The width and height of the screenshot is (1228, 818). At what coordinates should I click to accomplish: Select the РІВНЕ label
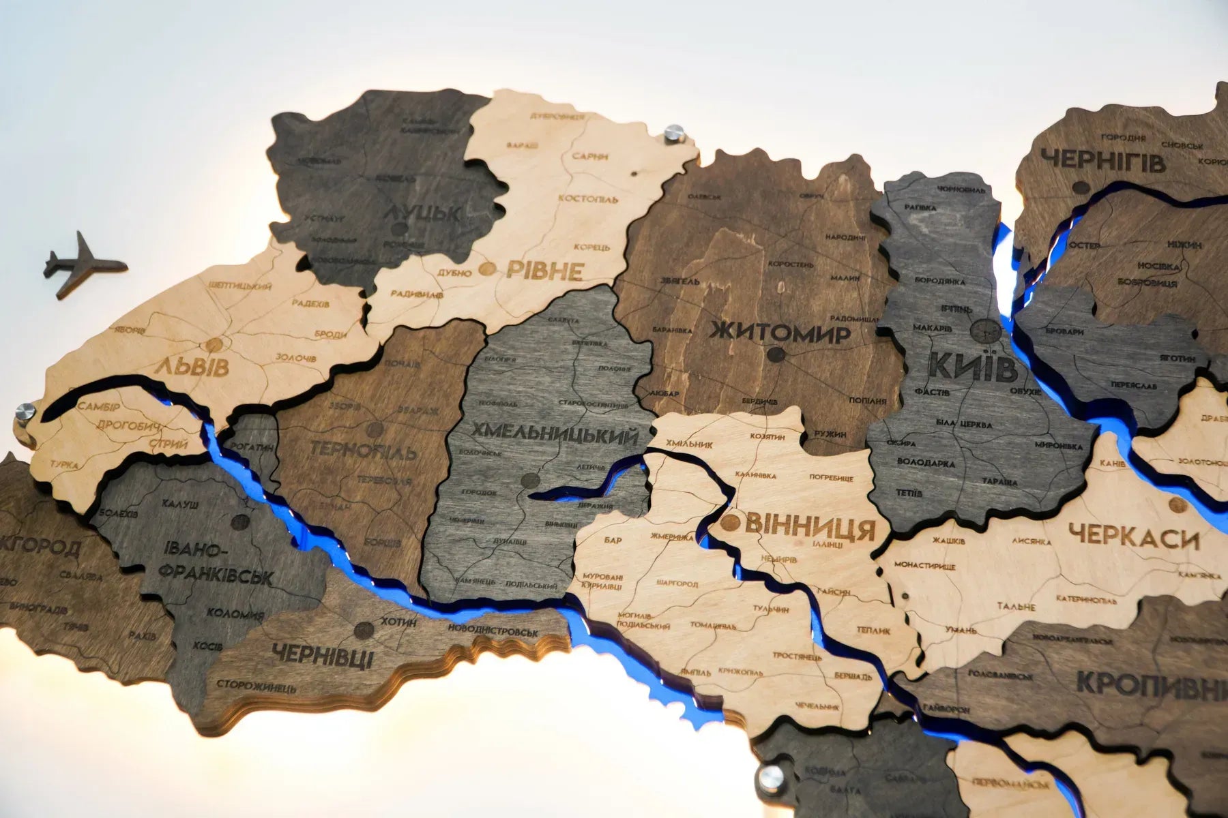544,271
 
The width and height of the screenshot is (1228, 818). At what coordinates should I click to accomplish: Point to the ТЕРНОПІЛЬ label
362,451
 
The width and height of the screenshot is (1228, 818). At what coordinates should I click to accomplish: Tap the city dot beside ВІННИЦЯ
729,523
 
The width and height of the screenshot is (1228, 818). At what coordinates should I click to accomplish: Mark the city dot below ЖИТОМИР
774,354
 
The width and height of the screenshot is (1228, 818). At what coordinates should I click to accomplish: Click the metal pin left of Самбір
24,413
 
